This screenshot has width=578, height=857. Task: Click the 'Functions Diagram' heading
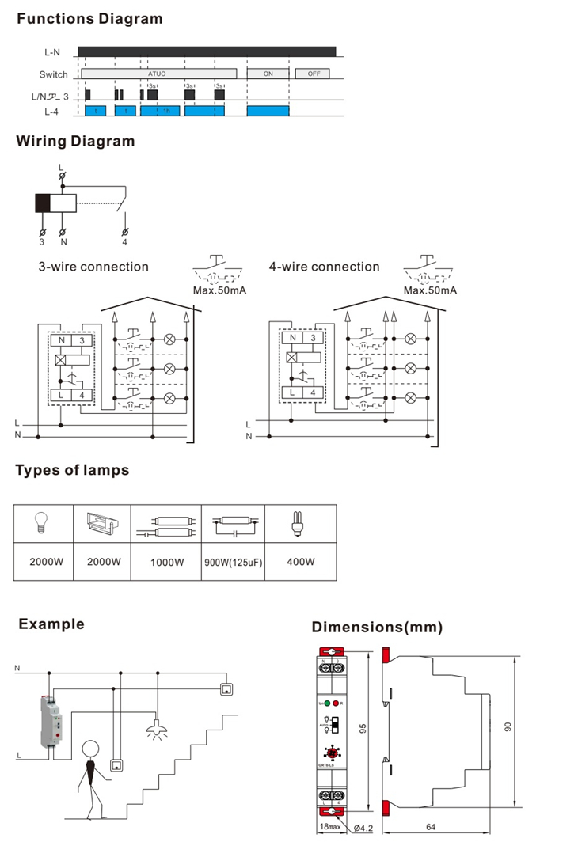point(89,18)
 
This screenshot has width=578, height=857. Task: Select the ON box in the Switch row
point(268,74)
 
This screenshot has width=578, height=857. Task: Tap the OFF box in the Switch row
point(314,74)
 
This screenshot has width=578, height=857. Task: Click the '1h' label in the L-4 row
point(165,112)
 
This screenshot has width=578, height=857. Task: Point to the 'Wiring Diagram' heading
point(75,142)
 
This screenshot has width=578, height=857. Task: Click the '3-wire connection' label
point(93,267)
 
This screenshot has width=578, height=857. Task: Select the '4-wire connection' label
point(324,267)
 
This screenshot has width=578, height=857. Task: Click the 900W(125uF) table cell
point(232,563)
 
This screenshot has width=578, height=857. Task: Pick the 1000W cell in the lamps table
point(165,563)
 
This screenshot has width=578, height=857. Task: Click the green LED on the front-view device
point(327,703)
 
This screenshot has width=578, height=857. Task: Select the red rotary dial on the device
point(332,755)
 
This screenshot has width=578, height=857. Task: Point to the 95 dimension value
point(363,728)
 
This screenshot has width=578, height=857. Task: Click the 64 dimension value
point(430,828)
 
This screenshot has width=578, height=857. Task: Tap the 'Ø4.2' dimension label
point(363,828)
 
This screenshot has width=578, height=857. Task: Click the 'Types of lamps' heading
point(72,471)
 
